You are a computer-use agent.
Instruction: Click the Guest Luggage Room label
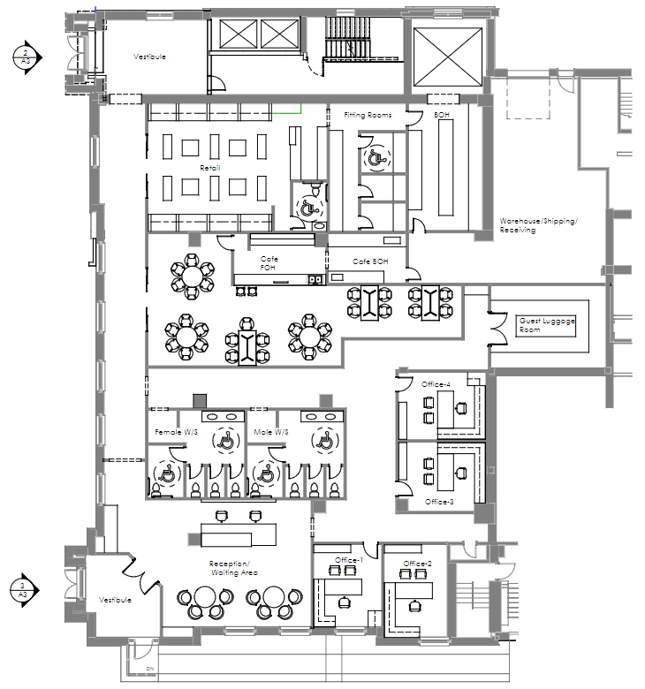click(547, 325)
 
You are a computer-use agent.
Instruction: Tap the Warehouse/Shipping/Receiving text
click(539, 225)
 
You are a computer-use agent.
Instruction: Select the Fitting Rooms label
click(368, 115)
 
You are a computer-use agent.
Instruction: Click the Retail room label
click(209, 168)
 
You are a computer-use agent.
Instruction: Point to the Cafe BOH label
click(370, 261)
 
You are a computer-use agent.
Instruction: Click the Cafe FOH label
click(269, 263)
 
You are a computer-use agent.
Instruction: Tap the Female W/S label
click(176, 432)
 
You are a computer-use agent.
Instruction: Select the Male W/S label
click(271, 432)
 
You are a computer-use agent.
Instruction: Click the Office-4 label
click(436, 384)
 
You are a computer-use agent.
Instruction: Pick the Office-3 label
click(439, 502)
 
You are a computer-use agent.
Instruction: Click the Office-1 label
click(349, 560)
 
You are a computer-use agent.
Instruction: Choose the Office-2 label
click(417, 564)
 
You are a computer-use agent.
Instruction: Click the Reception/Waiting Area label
click(234, 568)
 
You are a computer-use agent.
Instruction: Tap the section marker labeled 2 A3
click(27, 57)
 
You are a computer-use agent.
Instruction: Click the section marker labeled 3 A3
click(24, 590)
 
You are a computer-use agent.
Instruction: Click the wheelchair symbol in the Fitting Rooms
click(376, 158)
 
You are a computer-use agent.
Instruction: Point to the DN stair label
click(150, 669)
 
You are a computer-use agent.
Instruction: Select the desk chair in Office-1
click(345, 602)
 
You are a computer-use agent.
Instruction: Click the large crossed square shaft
click(448, 57)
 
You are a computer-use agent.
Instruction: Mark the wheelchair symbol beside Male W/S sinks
click(325, 440)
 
